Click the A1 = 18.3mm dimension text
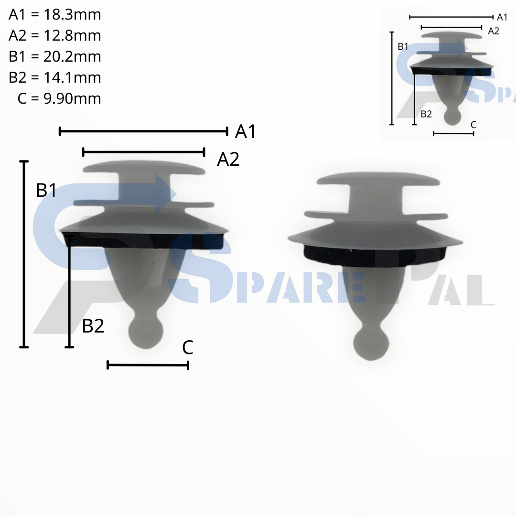pyautogui.click(x=54, y=15)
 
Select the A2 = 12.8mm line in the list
pyautogui.click(x=54, y=35)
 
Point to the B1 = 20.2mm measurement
pyautogui.click(x=54, y=56)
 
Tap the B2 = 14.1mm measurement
pyautogui.click(x=54, y=78)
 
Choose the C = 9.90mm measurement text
pyautogui.click(x=59, y=99)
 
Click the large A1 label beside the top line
pyautogui.click(x=245, y=132)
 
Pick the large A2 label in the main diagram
pyautogui.click(x=228, y=160)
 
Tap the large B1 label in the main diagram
pyautogui.click(x=46, y=191)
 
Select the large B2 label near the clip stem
pyautogui.click(x=93, y=326)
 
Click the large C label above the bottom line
pyautogui.click(x=188, y=347)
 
